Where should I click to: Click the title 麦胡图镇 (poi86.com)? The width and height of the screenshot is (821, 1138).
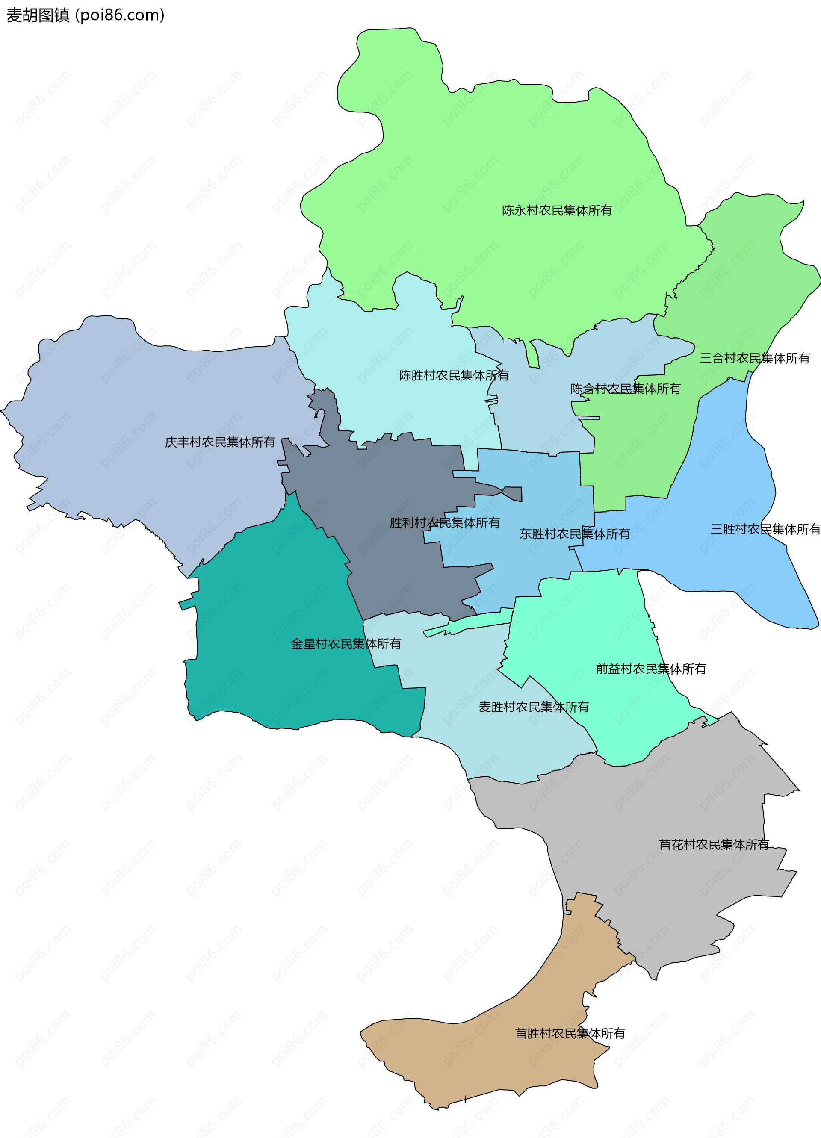pos(86,15)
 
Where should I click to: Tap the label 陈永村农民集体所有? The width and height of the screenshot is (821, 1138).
pos(557,211)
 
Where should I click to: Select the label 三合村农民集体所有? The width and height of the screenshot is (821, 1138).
pos(755,358)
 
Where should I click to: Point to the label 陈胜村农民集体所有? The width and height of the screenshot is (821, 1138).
pos(454,375)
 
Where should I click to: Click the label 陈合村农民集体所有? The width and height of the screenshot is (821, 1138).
pos(625,389)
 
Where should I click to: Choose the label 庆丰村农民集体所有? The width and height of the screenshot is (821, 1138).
pos(220,442)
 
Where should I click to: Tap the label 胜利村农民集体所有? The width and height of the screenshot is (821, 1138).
pos(445,523)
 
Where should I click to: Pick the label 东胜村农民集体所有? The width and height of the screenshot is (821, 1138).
pos(575,534)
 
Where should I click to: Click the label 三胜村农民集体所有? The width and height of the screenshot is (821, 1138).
pos(765,529)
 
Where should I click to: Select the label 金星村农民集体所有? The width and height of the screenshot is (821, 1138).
pos(346,644)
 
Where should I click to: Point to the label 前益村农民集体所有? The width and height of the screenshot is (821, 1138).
pos(651,669)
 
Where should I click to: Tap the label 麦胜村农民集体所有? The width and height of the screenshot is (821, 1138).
pos(534,707)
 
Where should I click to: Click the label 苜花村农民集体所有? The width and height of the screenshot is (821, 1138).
pos(714,844)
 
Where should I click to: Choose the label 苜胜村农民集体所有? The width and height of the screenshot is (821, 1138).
pos(570,1033)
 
